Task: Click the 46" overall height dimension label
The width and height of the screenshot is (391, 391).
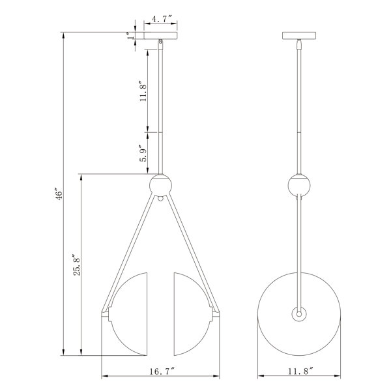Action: [58, 194]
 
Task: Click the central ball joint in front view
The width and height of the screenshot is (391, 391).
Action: [161, 186]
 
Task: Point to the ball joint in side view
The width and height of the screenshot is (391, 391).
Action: [299, 186]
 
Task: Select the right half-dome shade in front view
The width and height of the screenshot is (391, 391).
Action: [192, 313]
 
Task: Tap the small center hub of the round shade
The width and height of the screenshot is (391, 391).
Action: [299, 314]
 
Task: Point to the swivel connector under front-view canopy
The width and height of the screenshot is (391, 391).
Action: [161, 46]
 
